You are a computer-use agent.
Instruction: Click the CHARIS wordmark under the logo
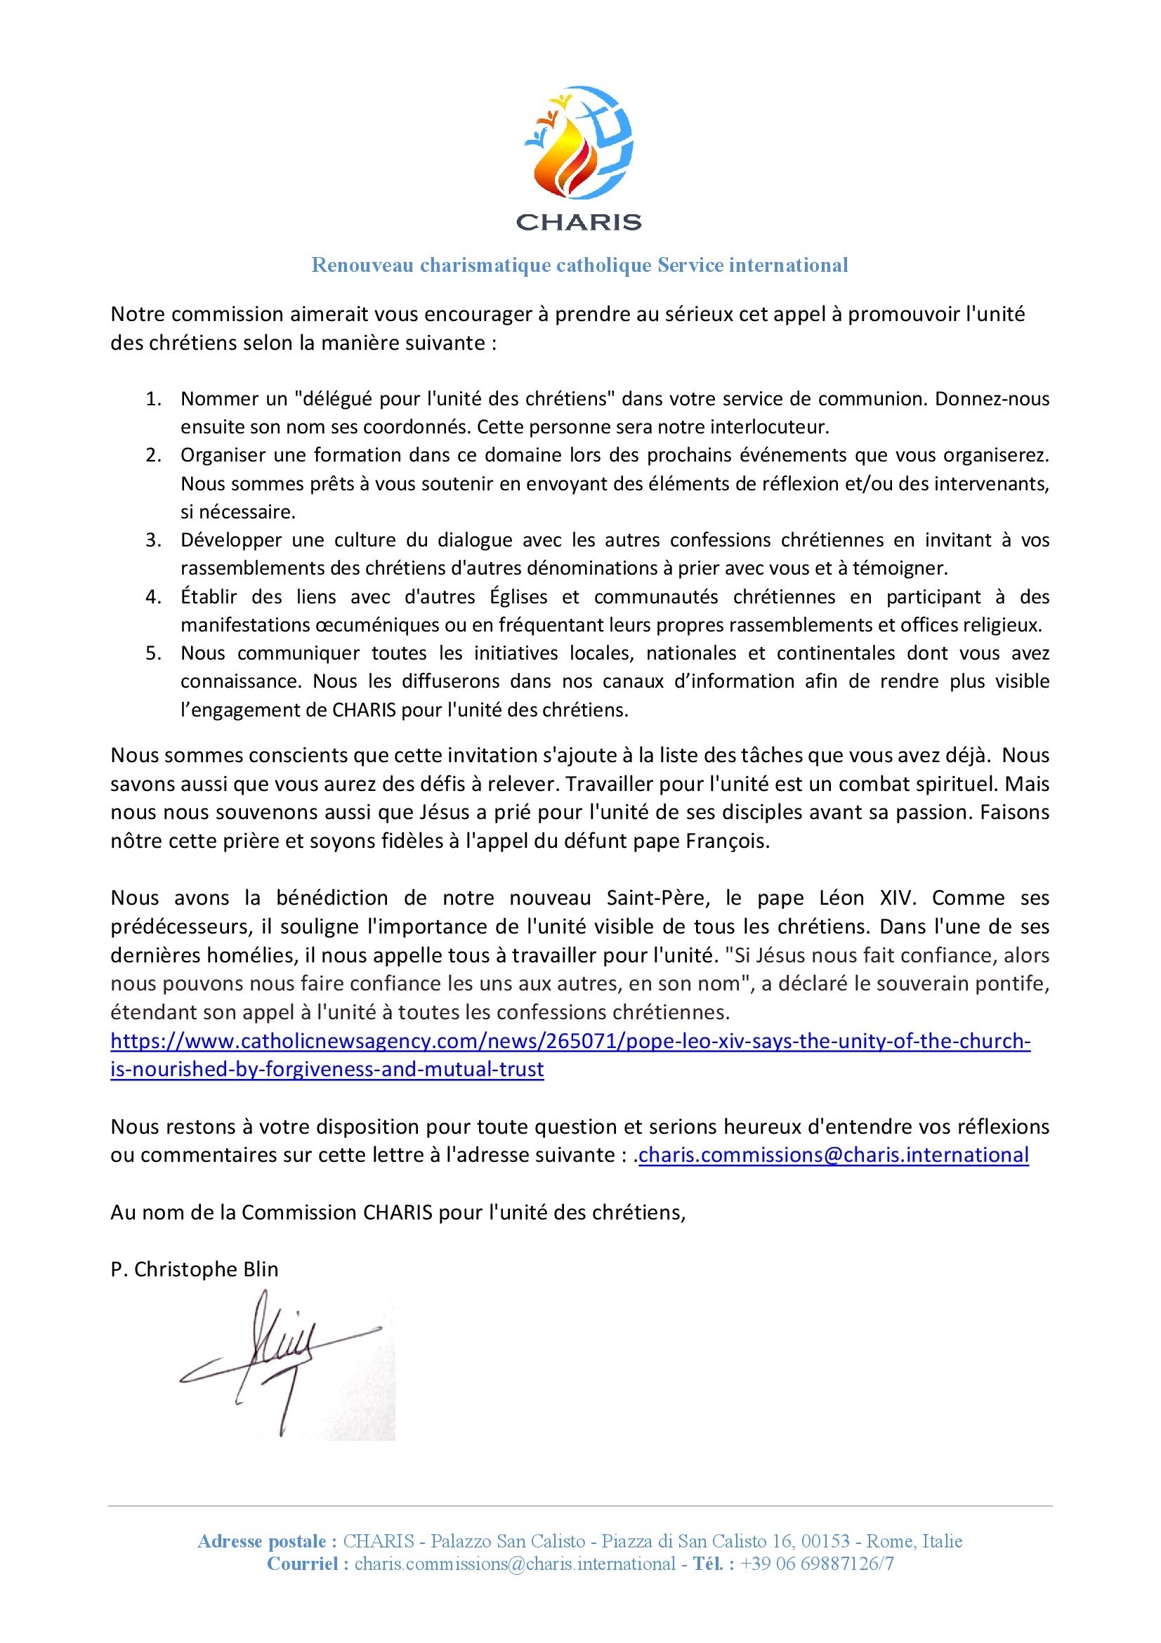579,222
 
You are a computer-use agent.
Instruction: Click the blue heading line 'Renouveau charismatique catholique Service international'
579,266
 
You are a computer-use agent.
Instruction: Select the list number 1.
153,398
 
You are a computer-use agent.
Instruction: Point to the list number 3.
153,539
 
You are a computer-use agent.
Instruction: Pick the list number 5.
153,653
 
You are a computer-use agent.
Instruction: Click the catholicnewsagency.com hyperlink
570,1041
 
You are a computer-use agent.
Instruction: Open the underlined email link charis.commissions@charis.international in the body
834,1155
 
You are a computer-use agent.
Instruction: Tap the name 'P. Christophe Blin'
195,1269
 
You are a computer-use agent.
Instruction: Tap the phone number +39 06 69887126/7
817,1564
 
